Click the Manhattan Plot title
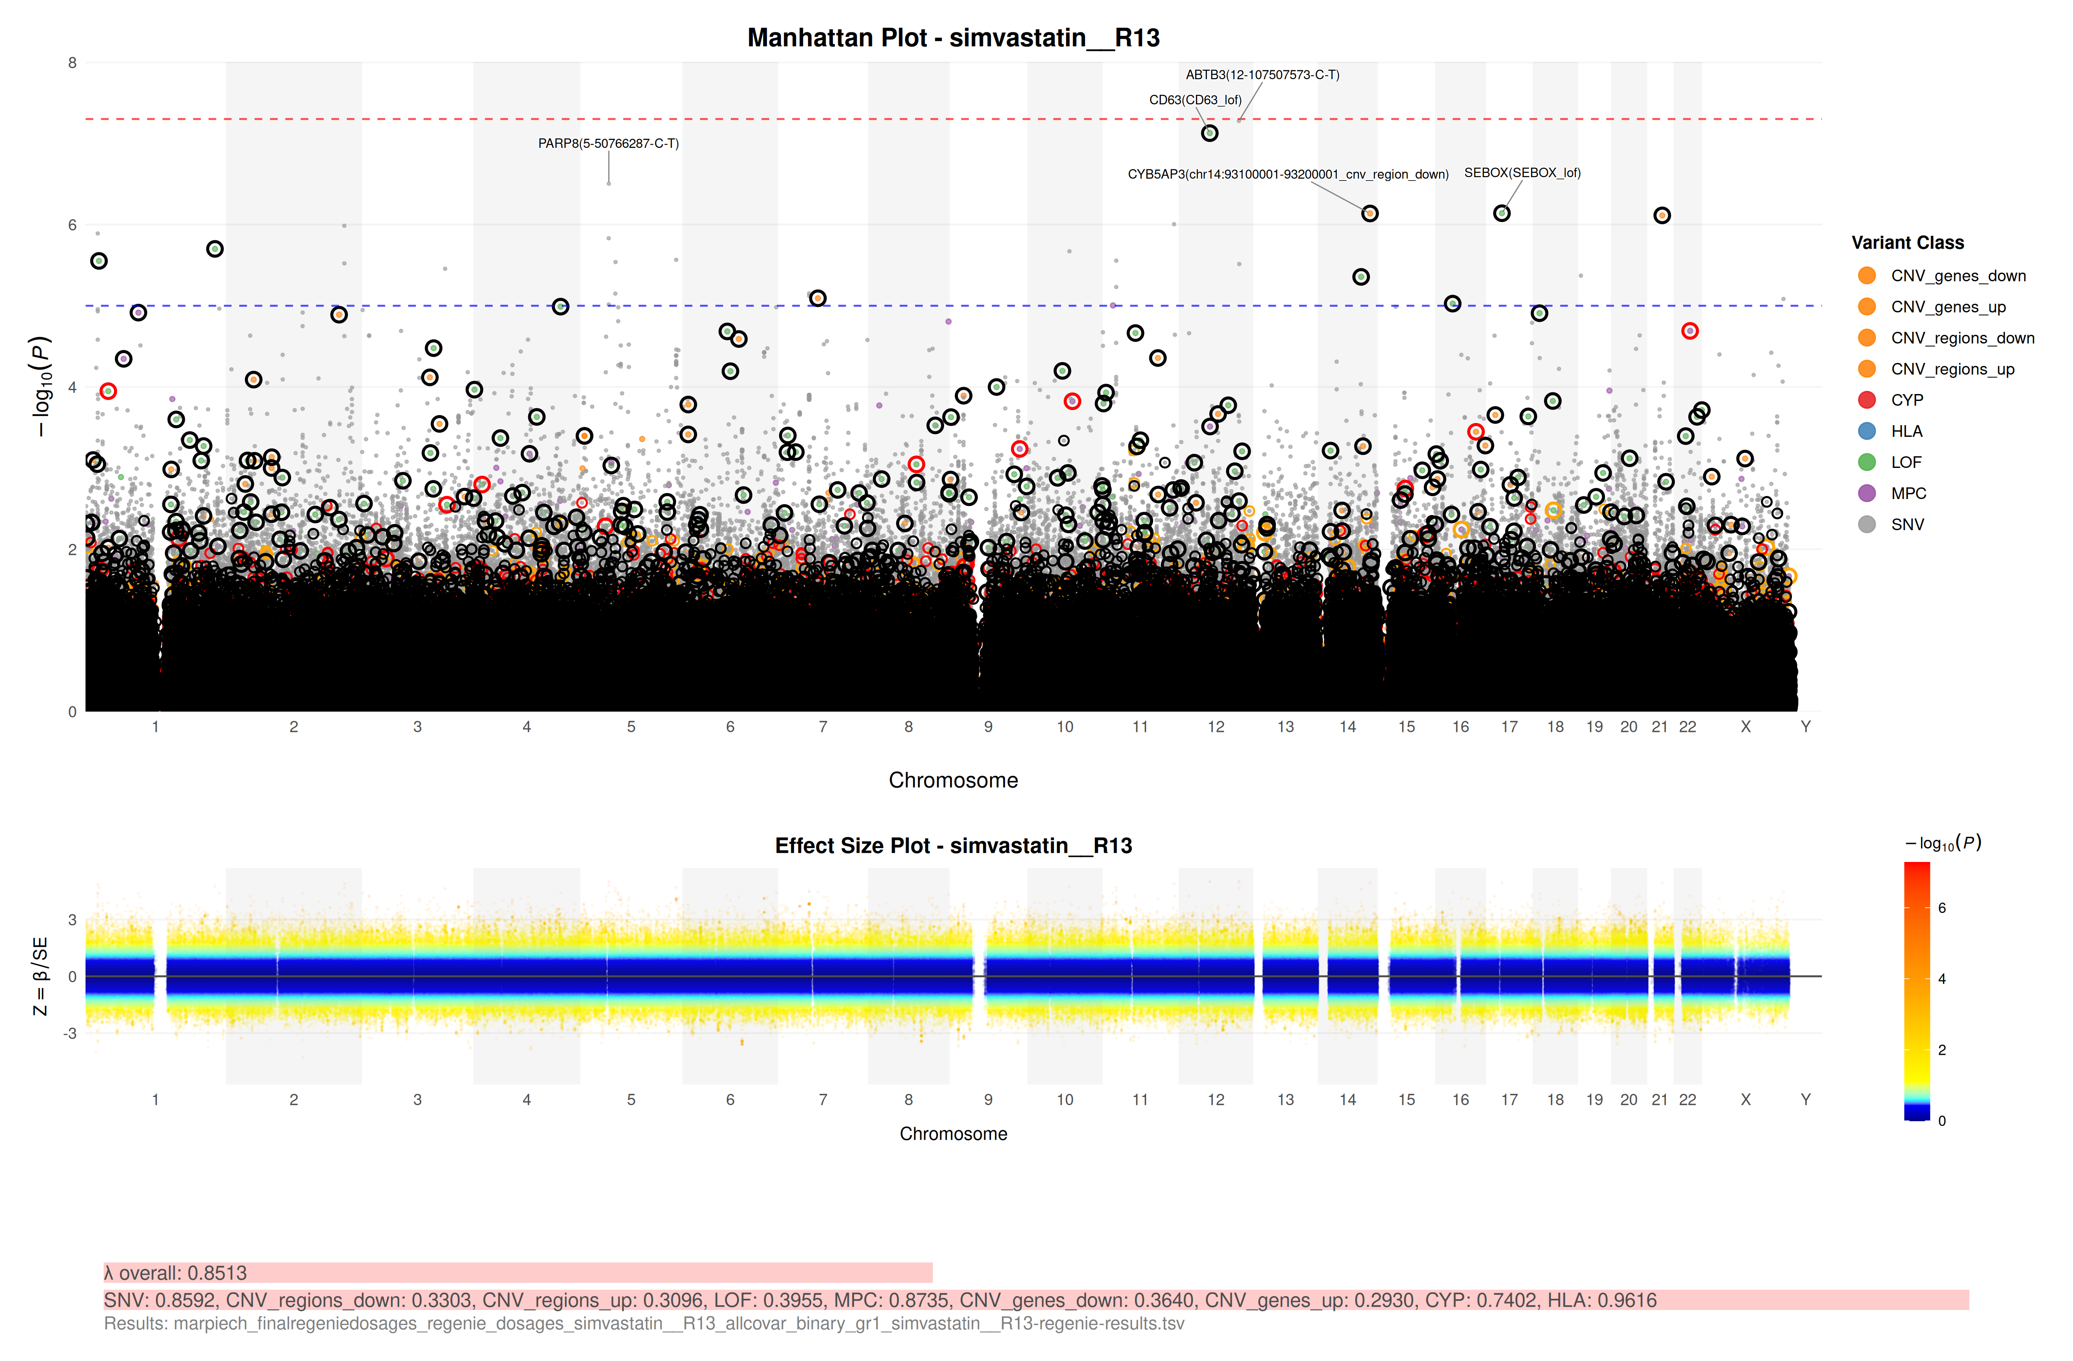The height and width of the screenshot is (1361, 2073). [953, 38]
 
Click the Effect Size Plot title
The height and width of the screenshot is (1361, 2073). [953, 846]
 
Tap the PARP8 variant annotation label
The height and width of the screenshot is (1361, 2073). [608, 144]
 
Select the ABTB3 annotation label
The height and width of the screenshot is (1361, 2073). [1262, 75]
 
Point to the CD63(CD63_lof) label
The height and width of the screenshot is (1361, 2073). [1195, 100]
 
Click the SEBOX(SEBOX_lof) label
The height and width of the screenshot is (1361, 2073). [1521, 172]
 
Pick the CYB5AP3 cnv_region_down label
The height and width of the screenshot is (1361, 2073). [1287, 174]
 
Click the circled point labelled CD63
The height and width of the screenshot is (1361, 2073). [1209, 134]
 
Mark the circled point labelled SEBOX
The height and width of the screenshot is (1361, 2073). [1502, 213]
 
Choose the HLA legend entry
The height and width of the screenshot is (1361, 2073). [1906, 431]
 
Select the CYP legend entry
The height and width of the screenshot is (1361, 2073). [1906, 400]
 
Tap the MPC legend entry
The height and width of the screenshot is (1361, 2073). [1908, 493]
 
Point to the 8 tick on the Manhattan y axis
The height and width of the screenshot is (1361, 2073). [72, 63]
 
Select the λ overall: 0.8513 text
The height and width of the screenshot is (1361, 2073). [176, 1273]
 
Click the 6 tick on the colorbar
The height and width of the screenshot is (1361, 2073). [1941, 908]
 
